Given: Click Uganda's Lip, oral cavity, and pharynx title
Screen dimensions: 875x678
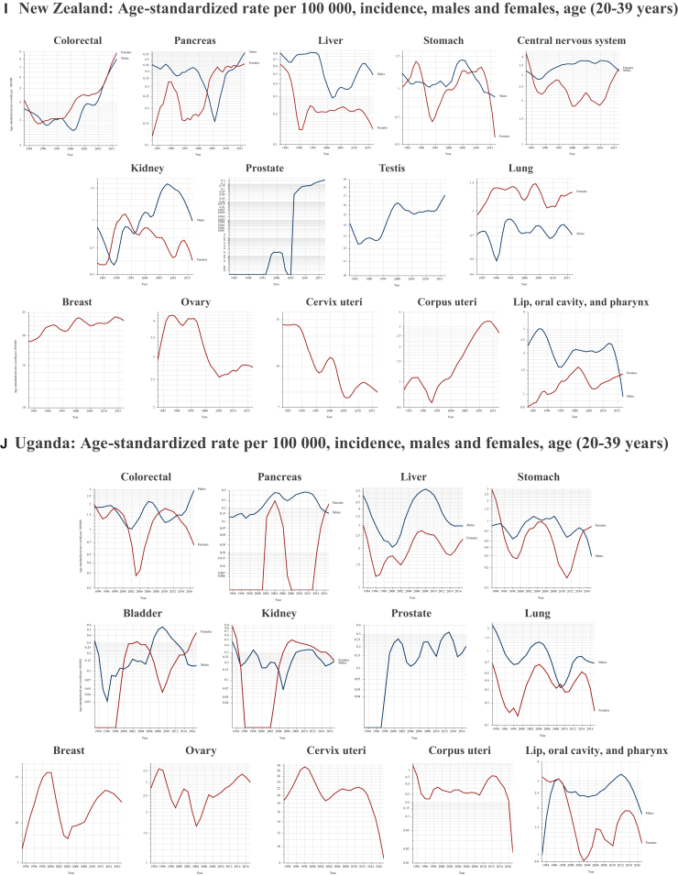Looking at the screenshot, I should coord(601,751).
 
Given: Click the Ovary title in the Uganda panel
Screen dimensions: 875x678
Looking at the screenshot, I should coord(199,751).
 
